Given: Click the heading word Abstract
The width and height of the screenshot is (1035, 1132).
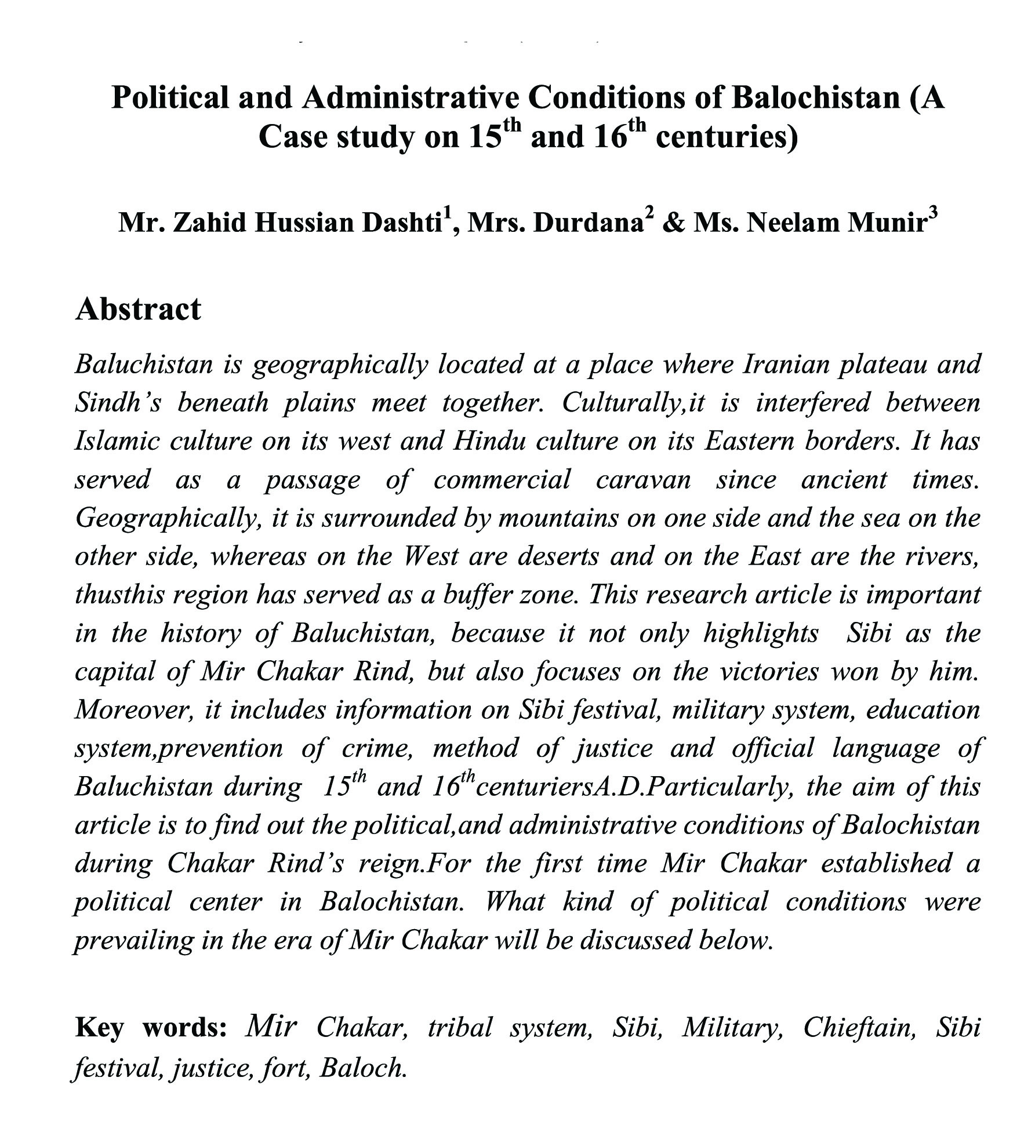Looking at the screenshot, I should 138,309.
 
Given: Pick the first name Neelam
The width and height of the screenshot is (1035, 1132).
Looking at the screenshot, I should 793,223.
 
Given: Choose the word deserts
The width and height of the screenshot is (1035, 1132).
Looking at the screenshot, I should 558,556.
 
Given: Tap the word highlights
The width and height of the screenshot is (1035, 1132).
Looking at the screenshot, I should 761,634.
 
